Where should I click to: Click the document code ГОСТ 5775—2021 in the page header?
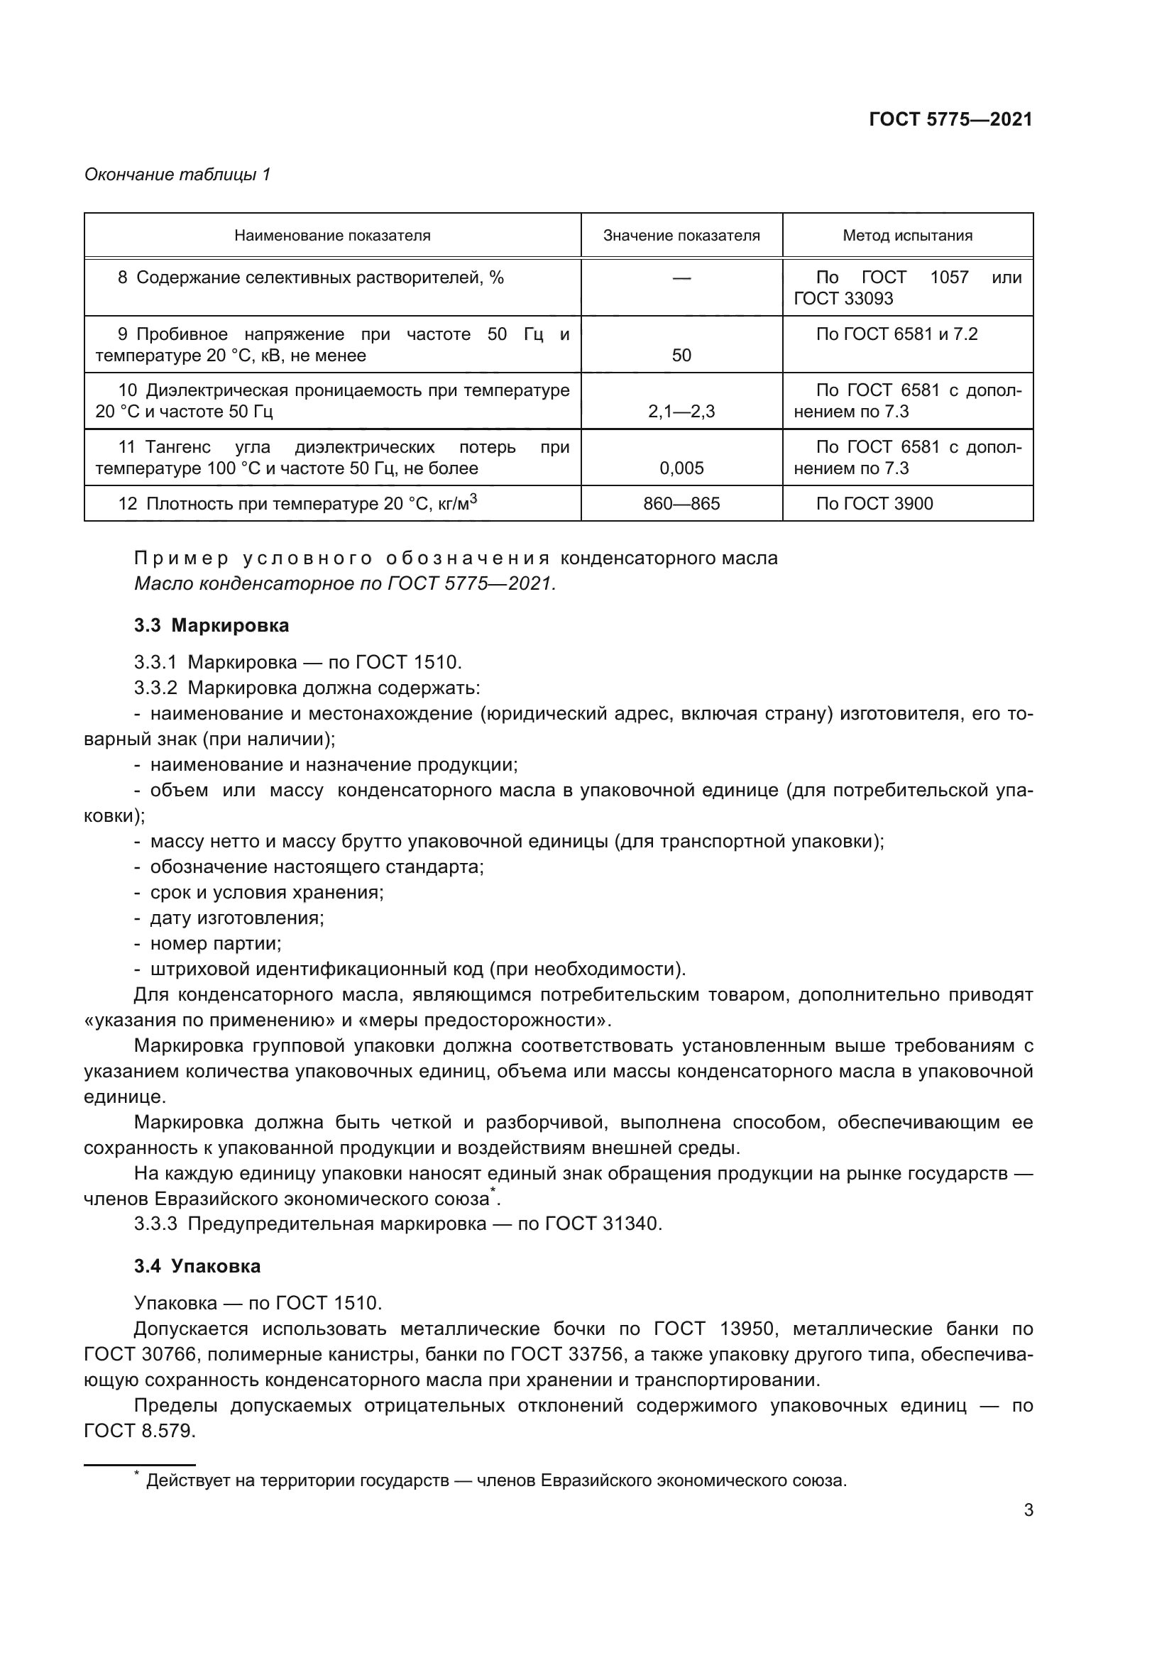(x=950, y=120)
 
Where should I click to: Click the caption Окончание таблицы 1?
(x=177, y=175)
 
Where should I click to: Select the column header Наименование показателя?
(x=331, y=236)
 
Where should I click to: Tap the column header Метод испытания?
(x=907, y=236)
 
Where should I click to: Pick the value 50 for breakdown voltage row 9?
(x=681, y=355)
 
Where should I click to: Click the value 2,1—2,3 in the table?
(x=681, y=412)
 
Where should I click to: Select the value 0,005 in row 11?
(x=681, y=468)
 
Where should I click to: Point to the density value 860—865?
(x=681, y=503)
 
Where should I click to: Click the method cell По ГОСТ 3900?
(x=874, y=503)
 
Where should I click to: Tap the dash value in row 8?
(x=681, y=278)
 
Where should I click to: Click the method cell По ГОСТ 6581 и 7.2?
(x=896, y=334)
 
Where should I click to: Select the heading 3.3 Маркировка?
(x=211, y=625)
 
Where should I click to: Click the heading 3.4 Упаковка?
(x=197, y=1266)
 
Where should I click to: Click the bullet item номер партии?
(x=216, y=943)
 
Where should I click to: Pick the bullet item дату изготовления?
(x=236, y=918)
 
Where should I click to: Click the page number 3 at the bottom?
(x=1028, y=1510)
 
